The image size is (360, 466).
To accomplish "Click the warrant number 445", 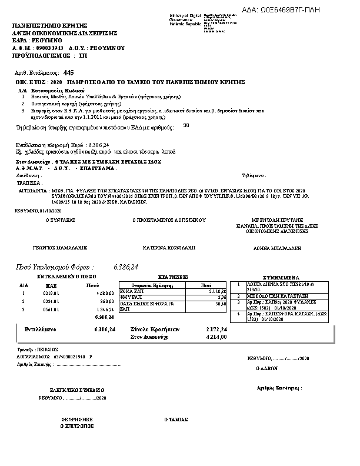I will pos(59,71).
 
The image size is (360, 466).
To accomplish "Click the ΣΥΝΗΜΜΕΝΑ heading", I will pos(281,277).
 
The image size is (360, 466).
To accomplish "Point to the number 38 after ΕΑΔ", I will pos(186,125).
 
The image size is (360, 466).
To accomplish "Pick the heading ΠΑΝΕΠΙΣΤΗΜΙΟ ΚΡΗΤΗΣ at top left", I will pos(49,26).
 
